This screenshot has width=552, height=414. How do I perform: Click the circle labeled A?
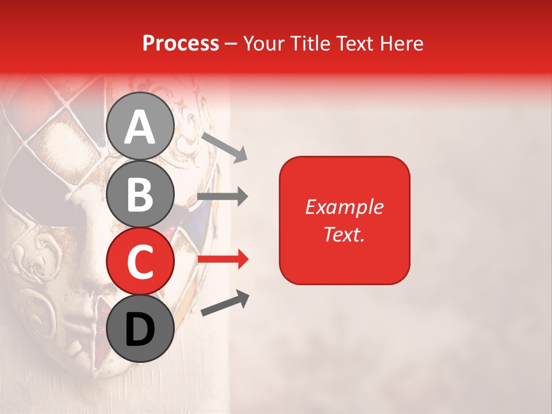(x=140, y=126)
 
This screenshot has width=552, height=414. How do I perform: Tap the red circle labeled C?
(x=140, y=261)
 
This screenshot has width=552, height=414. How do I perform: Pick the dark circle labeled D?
(x=140, y=328)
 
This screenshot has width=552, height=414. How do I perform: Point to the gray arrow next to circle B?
(x=223, y=197)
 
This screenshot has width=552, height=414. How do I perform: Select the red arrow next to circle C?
(x=223, y=259)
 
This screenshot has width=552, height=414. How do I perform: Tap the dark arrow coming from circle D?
(x=225, y=304)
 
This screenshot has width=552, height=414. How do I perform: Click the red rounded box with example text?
(x=344, y=220)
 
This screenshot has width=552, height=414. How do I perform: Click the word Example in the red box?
(x=344, y=207)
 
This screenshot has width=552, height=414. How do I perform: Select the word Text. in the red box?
(x=344, y=234)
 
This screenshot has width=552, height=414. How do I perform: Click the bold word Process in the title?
(x=181, y=44)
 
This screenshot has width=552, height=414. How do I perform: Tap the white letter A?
(x=140, y=126)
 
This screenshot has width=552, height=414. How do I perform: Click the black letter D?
(x=140, y=329)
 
